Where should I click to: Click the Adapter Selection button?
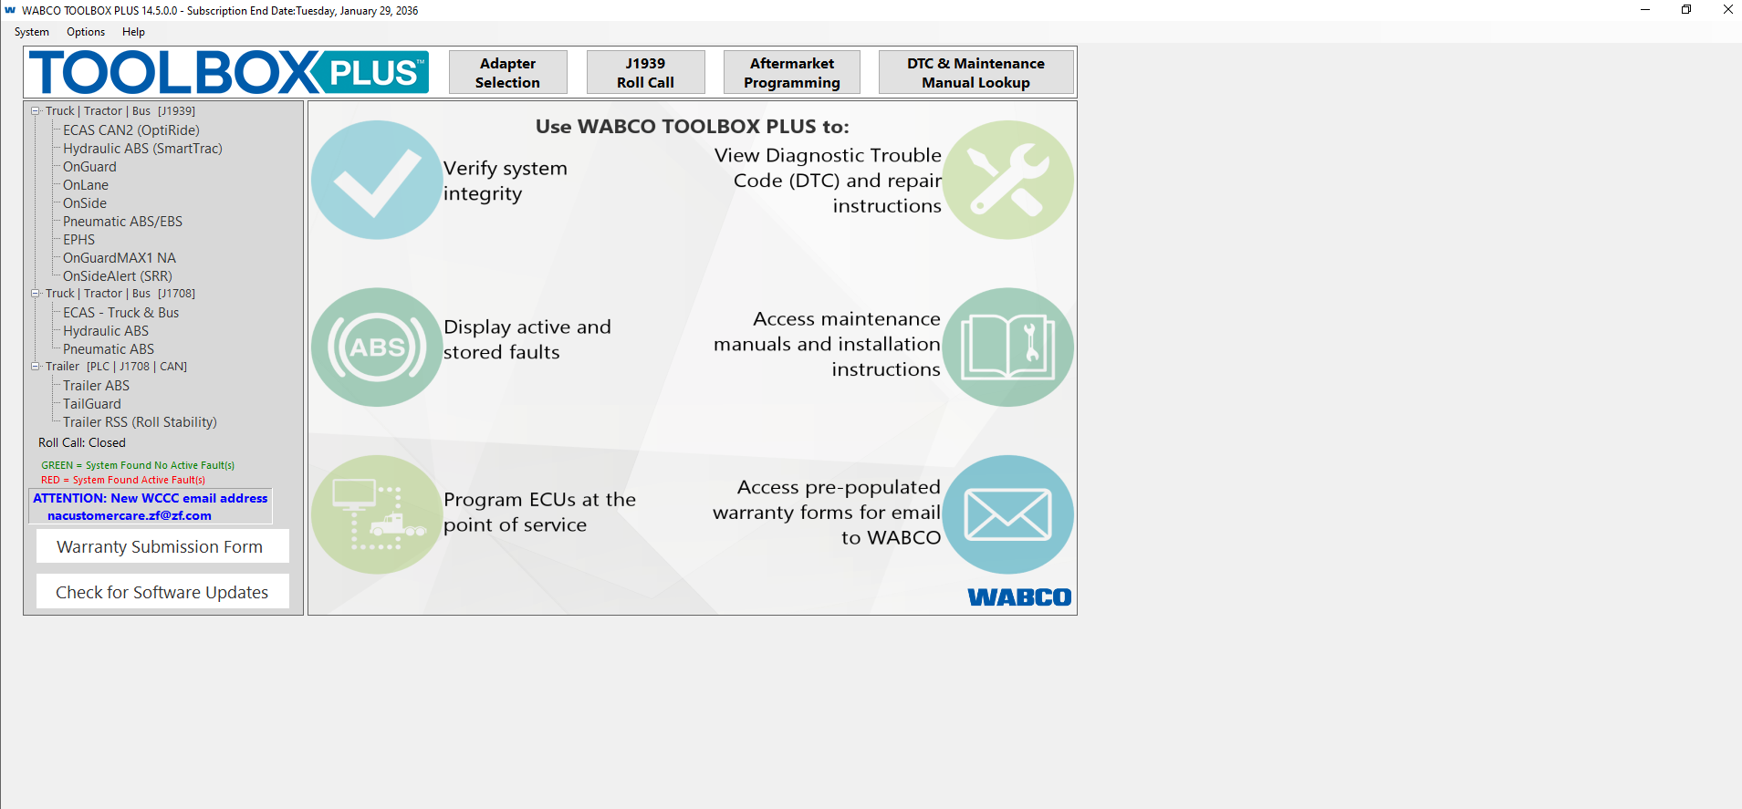[507, 73]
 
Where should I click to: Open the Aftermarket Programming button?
[791, 73]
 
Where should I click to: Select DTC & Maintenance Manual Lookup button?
[975, 73]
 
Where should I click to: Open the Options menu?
[86, 32]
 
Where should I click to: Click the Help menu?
[133, 32]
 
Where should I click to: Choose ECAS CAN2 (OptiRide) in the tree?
[130, 130]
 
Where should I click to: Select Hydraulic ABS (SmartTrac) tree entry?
[142, 149]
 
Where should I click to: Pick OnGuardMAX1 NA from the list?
[119, 258]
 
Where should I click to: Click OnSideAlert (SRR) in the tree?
[117, 276]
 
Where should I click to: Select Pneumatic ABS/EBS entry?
[122, 222]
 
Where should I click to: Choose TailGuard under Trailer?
[91, 404]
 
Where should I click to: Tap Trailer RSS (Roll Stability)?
[140, 422]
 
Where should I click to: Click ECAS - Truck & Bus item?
[120, 313]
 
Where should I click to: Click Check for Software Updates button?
[162, 592]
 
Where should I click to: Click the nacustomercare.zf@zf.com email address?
[130, 515]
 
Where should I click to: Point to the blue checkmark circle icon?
[376, 180]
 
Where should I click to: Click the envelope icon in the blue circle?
[1007, 514]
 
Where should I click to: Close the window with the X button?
[1727, 10]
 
